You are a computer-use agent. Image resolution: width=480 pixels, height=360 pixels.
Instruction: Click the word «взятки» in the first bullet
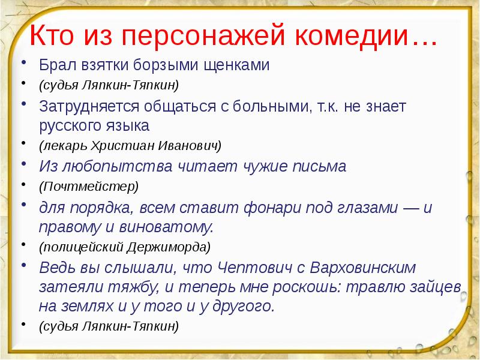[x=99, y=65]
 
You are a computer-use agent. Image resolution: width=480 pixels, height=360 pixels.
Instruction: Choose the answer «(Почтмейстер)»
[x=89, y=186]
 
